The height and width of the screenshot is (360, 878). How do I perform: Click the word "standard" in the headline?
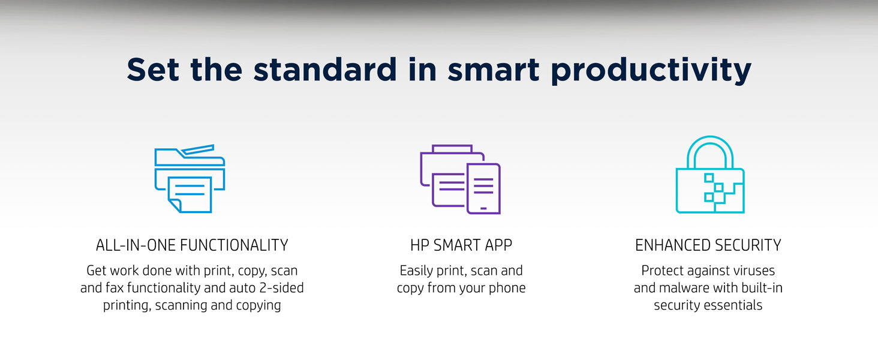pyautogui.click(x=324, y=70)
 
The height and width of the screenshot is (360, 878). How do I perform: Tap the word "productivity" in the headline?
pyautogui.click(x=651, y=71)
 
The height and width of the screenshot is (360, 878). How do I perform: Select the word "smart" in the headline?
pyautogui.click(x=494, y=70)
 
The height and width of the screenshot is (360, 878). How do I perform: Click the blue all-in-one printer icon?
pyautogui.click(x=190, y=178)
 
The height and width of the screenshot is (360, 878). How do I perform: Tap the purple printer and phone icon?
pyautogui.click(x=460, y=179)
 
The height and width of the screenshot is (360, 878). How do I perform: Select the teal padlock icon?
pyautogui.click(x=709, y=175)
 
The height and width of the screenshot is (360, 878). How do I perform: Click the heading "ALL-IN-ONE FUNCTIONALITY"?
pyautogui.click(x=192, y=245)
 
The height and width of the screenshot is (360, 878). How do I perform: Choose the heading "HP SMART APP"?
pyautogui.click(x=461, y=245)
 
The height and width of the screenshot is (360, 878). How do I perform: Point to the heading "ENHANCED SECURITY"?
pyautogui.click(x=708, y=245)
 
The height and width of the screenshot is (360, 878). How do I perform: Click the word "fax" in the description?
pyautogui.click(x=116, y=288)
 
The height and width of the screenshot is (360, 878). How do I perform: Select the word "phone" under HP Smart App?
pyautogui.click(x=509, y=288)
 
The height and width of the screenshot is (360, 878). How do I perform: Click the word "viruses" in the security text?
pyautogui.click(x=752, y=271)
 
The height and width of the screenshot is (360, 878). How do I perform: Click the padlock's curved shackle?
pyautogui.click(x=710, y=147)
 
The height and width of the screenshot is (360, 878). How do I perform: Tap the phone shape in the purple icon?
pyautogui.click(x=483, y=188)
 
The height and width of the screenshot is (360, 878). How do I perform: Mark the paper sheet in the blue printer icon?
pyautogui.click(x=190, y=194)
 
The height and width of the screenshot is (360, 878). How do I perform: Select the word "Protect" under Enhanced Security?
pyautogui.click(x=663, y=271)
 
